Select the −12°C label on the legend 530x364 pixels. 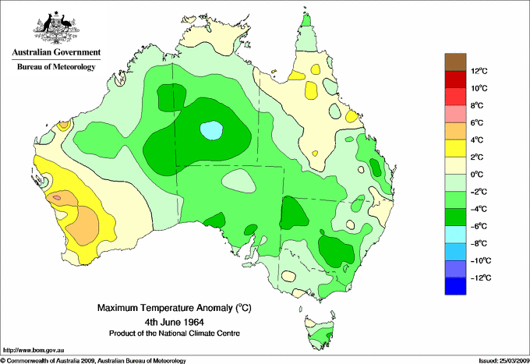pyautogui.click(x=480, y=277)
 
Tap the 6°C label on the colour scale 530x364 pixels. pyautogui.click(x=478, y=123)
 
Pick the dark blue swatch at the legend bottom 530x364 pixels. pyautogui.click(x=455, y=286)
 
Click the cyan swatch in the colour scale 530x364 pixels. pyautogui.click(x=455, y=235)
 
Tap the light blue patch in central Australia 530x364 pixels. pyautogui.click(x=211, y=130)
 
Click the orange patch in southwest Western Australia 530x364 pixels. pyautogui.click(x=84, y=222)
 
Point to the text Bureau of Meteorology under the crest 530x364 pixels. pyautogui.click(x=55, y=67)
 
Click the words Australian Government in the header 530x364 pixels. pyautogui.click(x=55, y=53)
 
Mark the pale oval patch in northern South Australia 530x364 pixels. pyautogui.click(x=238, y=182)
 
